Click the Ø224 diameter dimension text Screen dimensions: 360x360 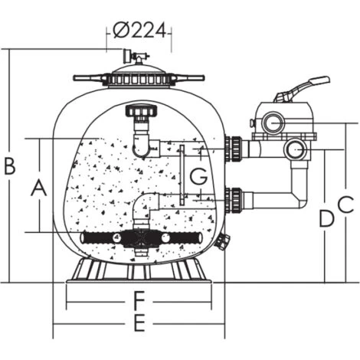(x=139, y=31)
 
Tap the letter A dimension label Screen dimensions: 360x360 (x=39, y=188)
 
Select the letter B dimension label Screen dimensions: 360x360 (x=10, y=166)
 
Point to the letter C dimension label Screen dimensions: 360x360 (x=346, y=205)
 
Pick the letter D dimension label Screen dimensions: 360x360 (x=326, y=218)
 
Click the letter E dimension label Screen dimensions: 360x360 (x=139, y=323)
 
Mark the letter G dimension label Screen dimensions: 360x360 (x=198, y=176)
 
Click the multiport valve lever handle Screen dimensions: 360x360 (x=302, y=89)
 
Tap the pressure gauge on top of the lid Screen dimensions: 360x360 (x=127, y=56)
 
